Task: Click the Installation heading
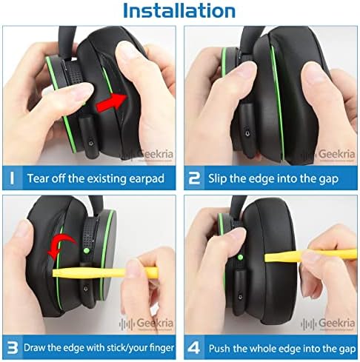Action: pos(179,10)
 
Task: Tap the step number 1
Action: pos(12,178)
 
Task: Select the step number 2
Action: pos(194,178)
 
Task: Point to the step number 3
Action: pos(13,348)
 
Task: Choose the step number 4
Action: pos(194,348)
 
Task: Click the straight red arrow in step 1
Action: pos(112,103)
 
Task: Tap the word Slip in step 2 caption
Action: pos(217,178)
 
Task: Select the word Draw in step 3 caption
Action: pos(34,348)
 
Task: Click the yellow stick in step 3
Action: pos(105,273)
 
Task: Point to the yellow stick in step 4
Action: pos(310,256)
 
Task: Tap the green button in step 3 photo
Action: pos(87,251)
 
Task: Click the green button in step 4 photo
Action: pos(240,258)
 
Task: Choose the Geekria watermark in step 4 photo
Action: pos(328,323)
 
